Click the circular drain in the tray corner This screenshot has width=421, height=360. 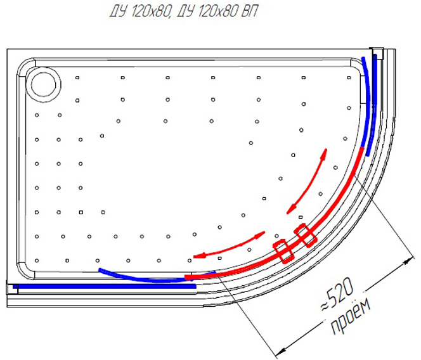click(x=44, y=85)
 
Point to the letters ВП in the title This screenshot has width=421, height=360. click(x=249, y=11)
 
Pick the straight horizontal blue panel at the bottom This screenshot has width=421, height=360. click(x=105, y=286)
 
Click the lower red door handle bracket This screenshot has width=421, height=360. click(x=283, y=251)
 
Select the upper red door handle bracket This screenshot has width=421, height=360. click(x=305, y=235)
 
